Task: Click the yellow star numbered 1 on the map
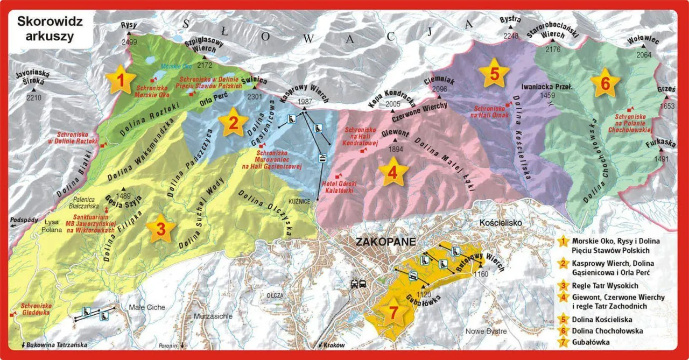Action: pyautogui.click(x=121, y=80)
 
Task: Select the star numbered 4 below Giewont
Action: pyautogui.click(x=392, y=172)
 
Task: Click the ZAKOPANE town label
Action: pyautogui.click(x=385, y=242)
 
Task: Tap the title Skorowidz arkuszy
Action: pyautogui.click(x=45, y=30)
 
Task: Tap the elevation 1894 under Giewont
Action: pyautogui.click(x=396, y=149)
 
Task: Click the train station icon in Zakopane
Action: pyautogui.click(x=359, y=284)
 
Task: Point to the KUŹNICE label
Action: pyautogui.click(x=299, y=201)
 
